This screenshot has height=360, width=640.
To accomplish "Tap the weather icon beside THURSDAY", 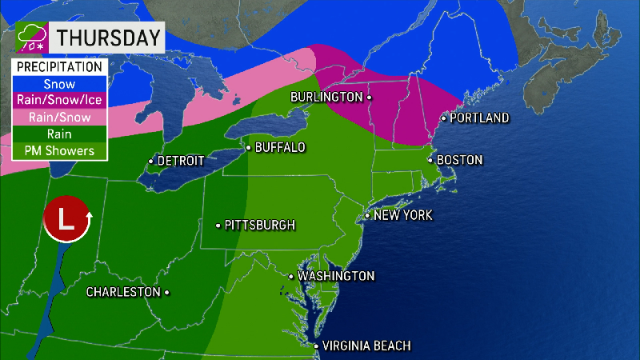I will (32, 38).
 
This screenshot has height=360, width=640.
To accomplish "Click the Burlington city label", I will (326, 97).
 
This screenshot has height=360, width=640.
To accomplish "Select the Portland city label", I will (479, 118).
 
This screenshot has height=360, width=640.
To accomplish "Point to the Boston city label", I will (459, 160).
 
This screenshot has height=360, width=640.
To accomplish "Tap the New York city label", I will (403, 215).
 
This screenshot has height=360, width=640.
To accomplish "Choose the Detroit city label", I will (181, 161).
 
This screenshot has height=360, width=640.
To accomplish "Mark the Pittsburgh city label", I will (260, 225).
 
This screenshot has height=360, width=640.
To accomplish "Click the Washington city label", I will (336, 276).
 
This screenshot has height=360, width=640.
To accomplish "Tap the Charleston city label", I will (123, 292).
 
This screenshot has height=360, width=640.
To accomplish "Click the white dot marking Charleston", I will (166, 292).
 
